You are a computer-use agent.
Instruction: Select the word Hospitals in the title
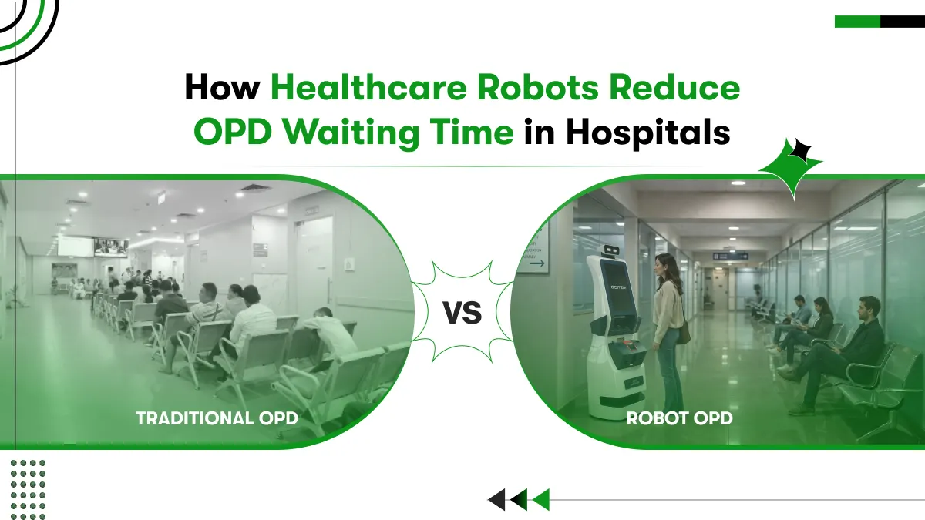coord(647,132)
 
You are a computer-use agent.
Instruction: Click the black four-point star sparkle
coord(802,152)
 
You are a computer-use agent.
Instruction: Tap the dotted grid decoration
coord(29,484)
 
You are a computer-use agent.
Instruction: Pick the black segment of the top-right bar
coord(902,22)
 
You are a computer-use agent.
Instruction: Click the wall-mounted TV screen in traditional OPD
coord(111,247)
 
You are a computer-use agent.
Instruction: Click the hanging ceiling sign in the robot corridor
coord(730,255)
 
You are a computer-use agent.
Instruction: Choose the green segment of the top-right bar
coord(857,22)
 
